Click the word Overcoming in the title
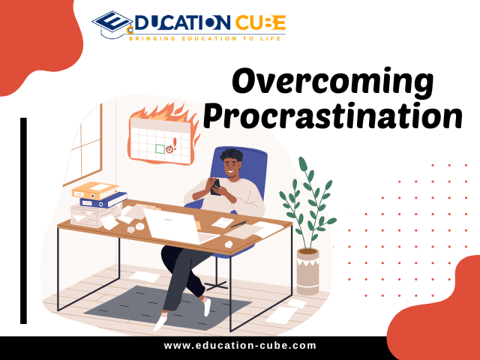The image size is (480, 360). click(x=332, y=82)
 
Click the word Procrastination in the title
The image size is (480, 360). click(x=333, y=115)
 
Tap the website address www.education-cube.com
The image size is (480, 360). click(x=240, y=346)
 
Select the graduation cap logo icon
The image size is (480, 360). click(x=112, y=25)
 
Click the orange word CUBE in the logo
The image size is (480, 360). click(x=260, y=22)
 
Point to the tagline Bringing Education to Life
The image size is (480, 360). click(x=205, y=38)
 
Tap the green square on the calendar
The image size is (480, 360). click(x=160, y=148)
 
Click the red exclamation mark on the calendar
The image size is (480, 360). click(x=175, y=143)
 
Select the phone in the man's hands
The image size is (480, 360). click(x=215, y=187)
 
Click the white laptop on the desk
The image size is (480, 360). click(x=179, y=226)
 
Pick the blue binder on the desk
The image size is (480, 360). click(x=103, y=200)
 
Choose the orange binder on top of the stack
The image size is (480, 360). click(x=95, y=190)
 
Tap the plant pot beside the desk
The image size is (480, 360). click(x=308, y=271)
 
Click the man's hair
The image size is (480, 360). click(x=232, y=155)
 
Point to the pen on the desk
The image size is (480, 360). click(x=238, y=224)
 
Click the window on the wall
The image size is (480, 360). click(x=82, y=144)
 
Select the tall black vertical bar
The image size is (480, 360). click(x=23, y=220)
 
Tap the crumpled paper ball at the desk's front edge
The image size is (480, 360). click(x=229, y=244)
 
